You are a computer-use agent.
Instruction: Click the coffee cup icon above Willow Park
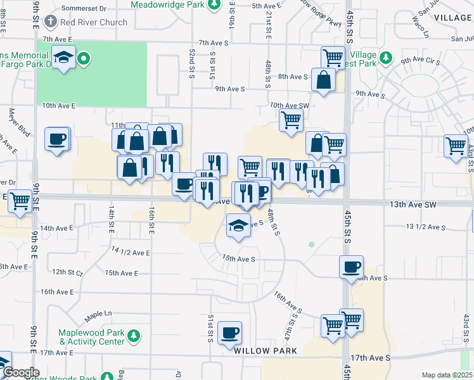tap(230, 332)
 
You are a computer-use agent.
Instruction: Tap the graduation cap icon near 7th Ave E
tap(63, 58)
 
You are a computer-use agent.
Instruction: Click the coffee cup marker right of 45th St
tap(351, 267)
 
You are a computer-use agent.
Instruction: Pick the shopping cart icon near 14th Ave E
tap(20, 201)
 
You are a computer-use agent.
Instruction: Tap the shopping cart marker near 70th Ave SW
tap(291, 119)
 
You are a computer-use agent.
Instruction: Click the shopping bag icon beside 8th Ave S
tap(324, 80)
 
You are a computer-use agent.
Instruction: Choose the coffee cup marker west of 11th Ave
tap(56, 139)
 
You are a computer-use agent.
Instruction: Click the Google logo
tap(20, 372)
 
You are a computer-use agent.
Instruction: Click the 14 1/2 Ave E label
tap(131, 252)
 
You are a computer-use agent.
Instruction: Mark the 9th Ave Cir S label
tap(420, 61)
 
